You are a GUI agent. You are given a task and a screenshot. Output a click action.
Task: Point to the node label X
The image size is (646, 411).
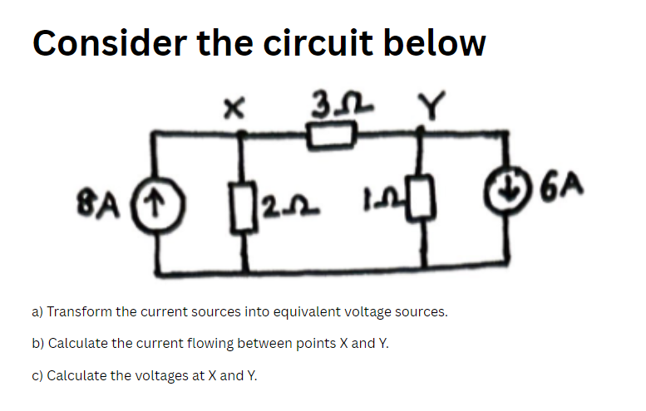click(x=235, y=105)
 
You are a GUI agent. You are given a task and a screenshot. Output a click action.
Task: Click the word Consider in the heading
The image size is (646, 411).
click(x=106, y=42)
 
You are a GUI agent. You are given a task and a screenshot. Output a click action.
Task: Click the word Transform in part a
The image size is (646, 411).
click(x=78, y=312)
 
